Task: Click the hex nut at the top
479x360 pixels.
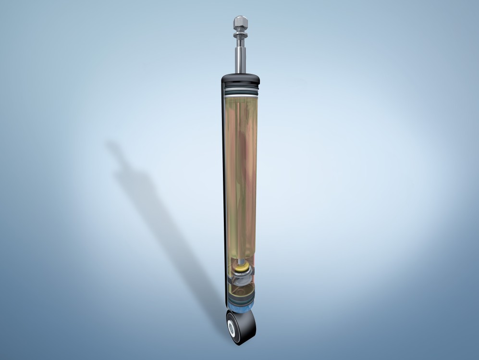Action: point(241,22)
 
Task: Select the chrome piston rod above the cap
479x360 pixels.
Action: point(241,58)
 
